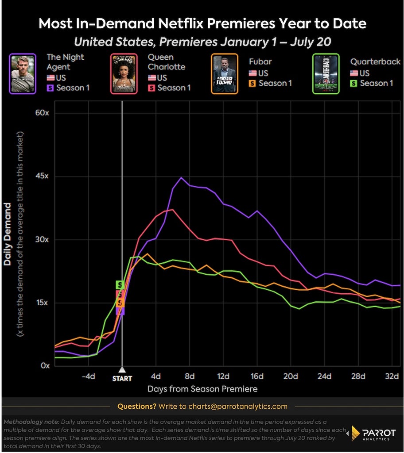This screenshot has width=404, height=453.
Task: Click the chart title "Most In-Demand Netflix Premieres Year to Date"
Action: [202, 23]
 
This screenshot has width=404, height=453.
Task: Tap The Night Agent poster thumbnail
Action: [23, 74]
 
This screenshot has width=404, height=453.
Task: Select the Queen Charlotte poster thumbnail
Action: [124, 74]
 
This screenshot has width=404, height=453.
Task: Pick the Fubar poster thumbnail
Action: [225, 74]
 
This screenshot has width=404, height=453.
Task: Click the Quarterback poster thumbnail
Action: [326, 74]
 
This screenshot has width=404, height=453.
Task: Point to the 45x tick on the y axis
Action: [42, 176]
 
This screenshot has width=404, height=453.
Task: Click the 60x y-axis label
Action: [42, 113]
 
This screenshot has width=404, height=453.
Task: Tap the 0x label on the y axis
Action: [45, 365]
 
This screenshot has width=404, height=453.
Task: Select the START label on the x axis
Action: [122, 378]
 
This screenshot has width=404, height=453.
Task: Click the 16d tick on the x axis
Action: [257, 376]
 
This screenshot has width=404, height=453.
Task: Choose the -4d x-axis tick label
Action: [88, 376]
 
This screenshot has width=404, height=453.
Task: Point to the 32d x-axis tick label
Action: [392, 376]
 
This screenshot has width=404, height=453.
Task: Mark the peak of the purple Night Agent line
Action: [181, 177]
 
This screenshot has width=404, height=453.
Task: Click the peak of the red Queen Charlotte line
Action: [173, 209]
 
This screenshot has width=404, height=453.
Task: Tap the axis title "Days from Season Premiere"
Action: [202, 389]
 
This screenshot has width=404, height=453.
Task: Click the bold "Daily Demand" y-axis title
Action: [7, 234]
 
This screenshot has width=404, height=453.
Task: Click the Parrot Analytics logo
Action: [373, 433]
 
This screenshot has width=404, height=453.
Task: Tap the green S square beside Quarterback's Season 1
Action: [353, 84]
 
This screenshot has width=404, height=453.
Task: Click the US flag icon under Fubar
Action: [252, 73]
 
